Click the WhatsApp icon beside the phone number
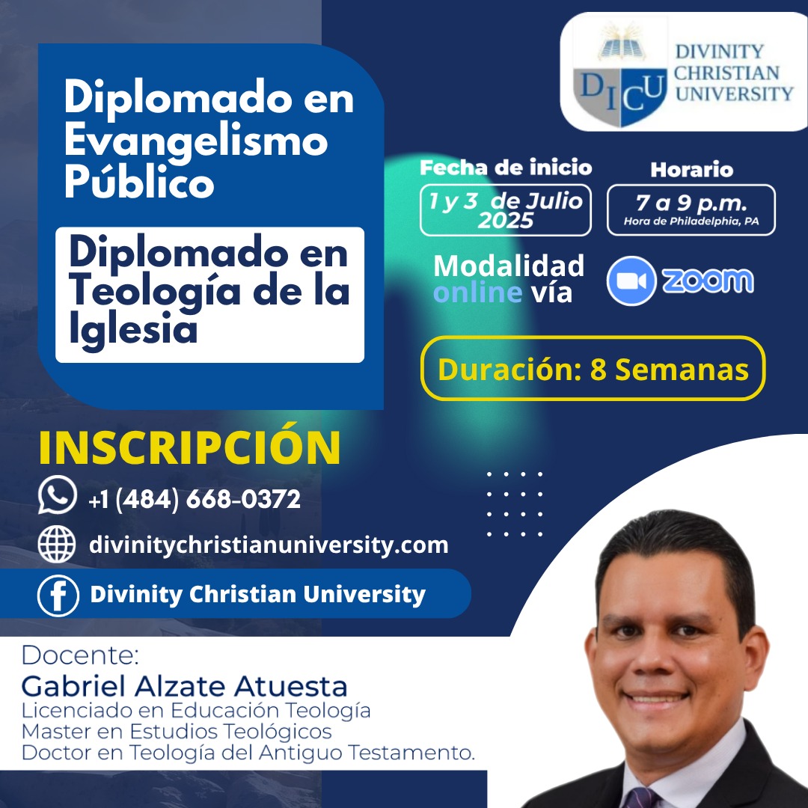click(57, 495)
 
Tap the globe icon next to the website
click(57, 544)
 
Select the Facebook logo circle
click(58, 596)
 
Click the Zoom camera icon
click(631, 281)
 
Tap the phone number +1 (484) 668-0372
click(195, 499)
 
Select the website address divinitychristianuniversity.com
click(269, 545)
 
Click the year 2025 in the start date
click(506, 221)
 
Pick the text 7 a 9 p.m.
click(691, 203)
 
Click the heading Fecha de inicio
click(506, 168)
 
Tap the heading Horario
click(691, 170)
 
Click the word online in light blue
click(477, 293)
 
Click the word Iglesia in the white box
click(133, 328)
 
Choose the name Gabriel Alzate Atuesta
click(185, 686)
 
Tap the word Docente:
click(80, 655)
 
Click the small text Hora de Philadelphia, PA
click(691, 221)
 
